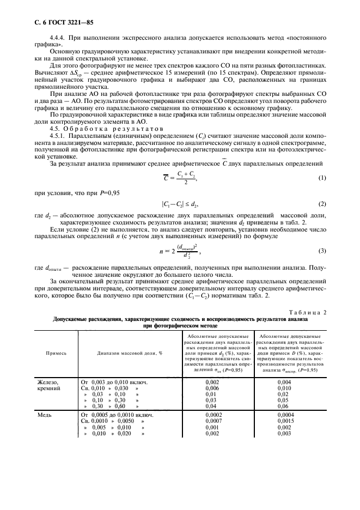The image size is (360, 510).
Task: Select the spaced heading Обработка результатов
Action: click(x=101, y=136)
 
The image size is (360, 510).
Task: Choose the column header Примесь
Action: click(x=56, y=353)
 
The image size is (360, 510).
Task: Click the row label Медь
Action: click(x=44, y=415)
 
